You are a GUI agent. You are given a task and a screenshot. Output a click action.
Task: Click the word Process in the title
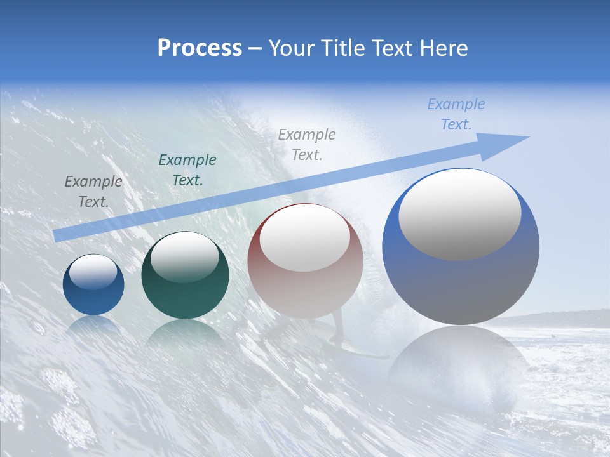[200, 48]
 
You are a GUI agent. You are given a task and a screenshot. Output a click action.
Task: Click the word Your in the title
[290, 48]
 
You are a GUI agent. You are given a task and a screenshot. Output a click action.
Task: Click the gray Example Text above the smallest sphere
[93, 191]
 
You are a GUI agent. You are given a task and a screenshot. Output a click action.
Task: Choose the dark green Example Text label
[187, 169]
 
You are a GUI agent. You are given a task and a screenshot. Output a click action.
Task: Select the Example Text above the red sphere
[307, 144]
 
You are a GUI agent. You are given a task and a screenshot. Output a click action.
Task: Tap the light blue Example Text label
[456, 114]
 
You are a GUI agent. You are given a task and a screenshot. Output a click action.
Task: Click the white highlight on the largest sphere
[459, 215]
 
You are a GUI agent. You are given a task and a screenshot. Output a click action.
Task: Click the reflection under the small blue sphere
[93, 325]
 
